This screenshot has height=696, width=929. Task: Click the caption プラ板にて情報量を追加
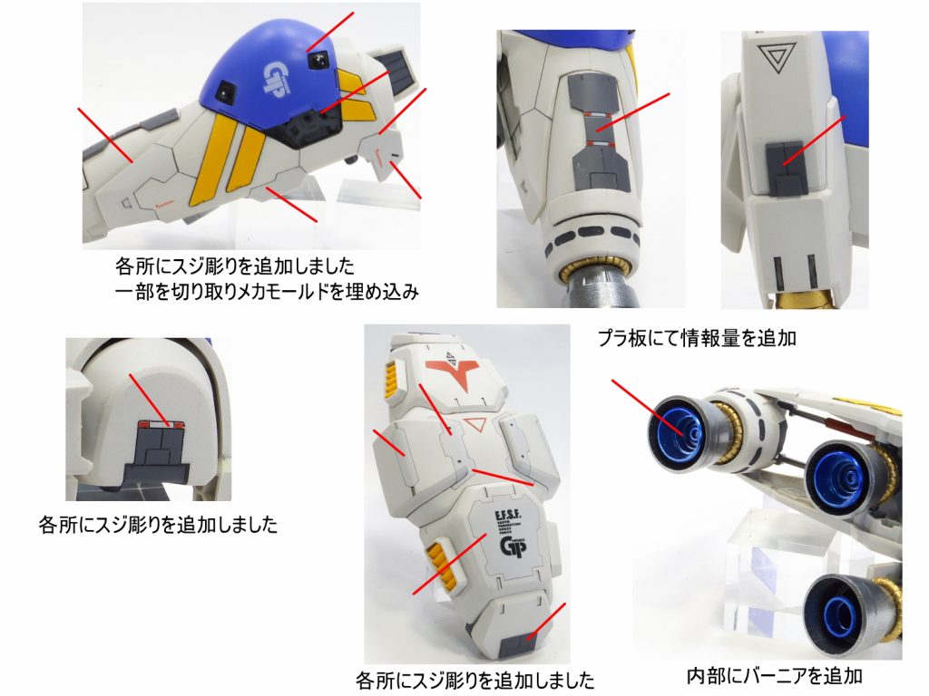click(696, 339)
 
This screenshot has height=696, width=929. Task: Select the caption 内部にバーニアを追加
click(774, 675)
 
